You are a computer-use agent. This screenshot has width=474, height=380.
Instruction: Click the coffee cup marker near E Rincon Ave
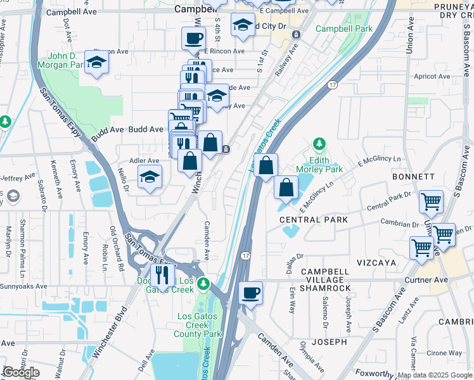point(193,39)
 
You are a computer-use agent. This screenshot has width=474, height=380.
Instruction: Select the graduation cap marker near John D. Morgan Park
point(96,62)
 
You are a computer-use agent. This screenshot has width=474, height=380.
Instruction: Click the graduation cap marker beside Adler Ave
point(150,177)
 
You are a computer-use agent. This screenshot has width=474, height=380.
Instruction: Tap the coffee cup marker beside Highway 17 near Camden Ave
point(251,293)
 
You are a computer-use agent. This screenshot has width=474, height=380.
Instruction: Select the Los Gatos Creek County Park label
point(198,325)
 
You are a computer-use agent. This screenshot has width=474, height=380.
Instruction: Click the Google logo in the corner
point(21,372)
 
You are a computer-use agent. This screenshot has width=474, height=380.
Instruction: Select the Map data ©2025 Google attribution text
point(434,375)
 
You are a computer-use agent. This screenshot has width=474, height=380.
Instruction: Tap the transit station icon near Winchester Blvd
point(226,149)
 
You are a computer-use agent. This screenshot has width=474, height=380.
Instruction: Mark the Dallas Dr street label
point(291,263)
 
